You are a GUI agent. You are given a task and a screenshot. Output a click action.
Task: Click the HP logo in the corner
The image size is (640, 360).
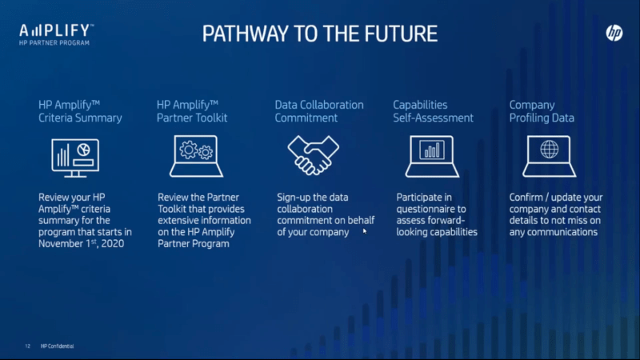point(614,33)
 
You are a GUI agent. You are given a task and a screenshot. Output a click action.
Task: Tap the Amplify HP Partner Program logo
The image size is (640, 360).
point(56,34)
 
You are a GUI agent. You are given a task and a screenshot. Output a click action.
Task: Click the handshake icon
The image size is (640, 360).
point(313,155)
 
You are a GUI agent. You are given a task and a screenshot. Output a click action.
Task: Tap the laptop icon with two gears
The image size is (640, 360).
point(196,156)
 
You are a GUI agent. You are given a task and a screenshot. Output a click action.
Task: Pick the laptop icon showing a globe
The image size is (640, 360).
point(550,156)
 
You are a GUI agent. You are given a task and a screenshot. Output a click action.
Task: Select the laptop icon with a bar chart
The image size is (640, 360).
point(432,156)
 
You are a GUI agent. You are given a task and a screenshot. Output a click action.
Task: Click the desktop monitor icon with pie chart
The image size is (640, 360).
point(75,158)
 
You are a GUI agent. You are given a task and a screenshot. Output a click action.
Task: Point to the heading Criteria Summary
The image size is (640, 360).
point(80,118)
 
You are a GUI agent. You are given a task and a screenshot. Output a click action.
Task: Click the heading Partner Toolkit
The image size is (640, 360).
point(192,118)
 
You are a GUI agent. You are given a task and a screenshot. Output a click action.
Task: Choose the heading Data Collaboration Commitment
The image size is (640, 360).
point(319,111)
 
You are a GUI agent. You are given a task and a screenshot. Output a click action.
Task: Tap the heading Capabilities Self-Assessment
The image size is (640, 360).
point(433,111)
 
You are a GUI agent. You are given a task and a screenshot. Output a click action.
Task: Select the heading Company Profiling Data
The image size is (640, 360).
point(542,111)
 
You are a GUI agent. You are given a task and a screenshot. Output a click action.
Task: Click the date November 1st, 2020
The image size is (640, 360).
point(82,243)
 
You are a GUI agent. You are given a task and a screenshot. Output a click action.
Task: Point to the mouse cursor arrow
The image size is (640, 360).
point(365,231)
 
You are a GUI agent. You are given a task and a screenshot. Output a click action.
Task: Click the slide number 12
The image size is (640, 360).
point(27,346)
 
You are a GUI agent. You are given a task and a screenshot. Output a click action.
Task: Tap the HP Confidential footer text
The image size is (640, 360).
point(57,346)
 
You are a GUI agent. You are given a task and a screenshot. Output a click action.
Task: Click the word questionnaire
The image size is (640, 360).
point(431,210)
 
